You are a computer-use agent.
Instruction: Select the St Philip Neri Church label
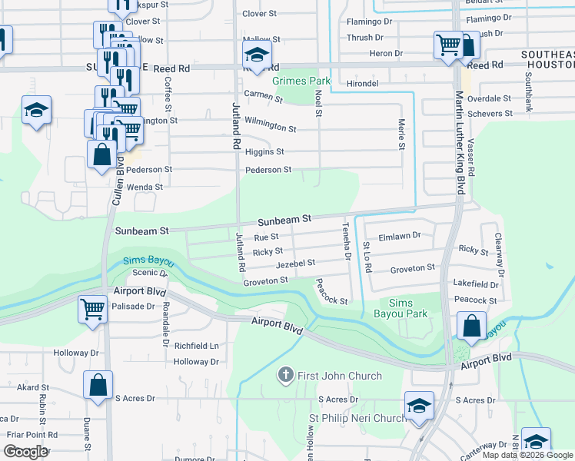357,418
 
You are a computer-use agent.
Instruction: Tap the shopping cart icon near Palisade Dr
93,310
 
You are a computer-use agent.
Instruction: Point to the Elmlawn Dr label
401,236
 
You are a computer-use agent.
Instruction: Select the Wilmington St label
270,126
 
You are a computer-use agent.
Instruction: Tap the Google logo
25,452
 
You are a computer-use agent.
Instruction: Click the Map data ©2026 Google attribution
527,456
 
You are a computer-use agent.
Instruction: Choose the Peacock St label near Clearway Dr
475,300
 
